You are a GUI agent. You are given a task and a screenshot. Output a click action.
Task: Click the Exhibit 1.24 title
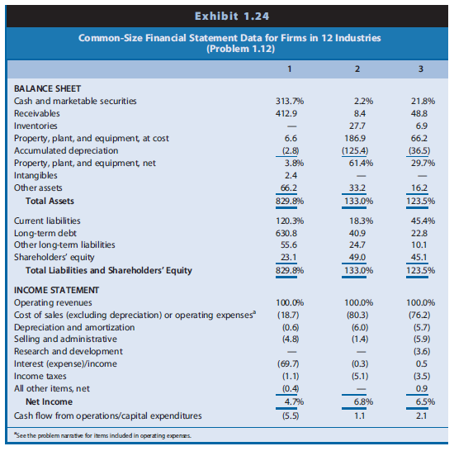point(227,16)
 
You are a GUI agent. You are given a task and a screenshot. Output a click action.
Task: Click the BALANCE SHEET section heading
point(47,88)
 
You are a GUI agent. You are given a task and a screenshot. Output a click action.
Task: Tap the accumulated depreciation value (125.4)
point(355,150)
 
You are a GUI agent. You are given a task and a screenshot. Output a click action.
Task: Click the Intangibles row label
point(35,175)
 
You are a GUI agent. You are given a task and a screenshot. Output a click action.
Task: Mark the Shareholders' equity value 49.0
point(357,257)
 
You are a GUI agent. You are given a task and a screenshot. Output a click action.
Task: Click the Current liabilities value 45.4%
point(419,221)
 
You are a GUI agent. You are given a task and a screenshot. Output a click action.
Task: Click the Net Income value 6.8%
point(357,402)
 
